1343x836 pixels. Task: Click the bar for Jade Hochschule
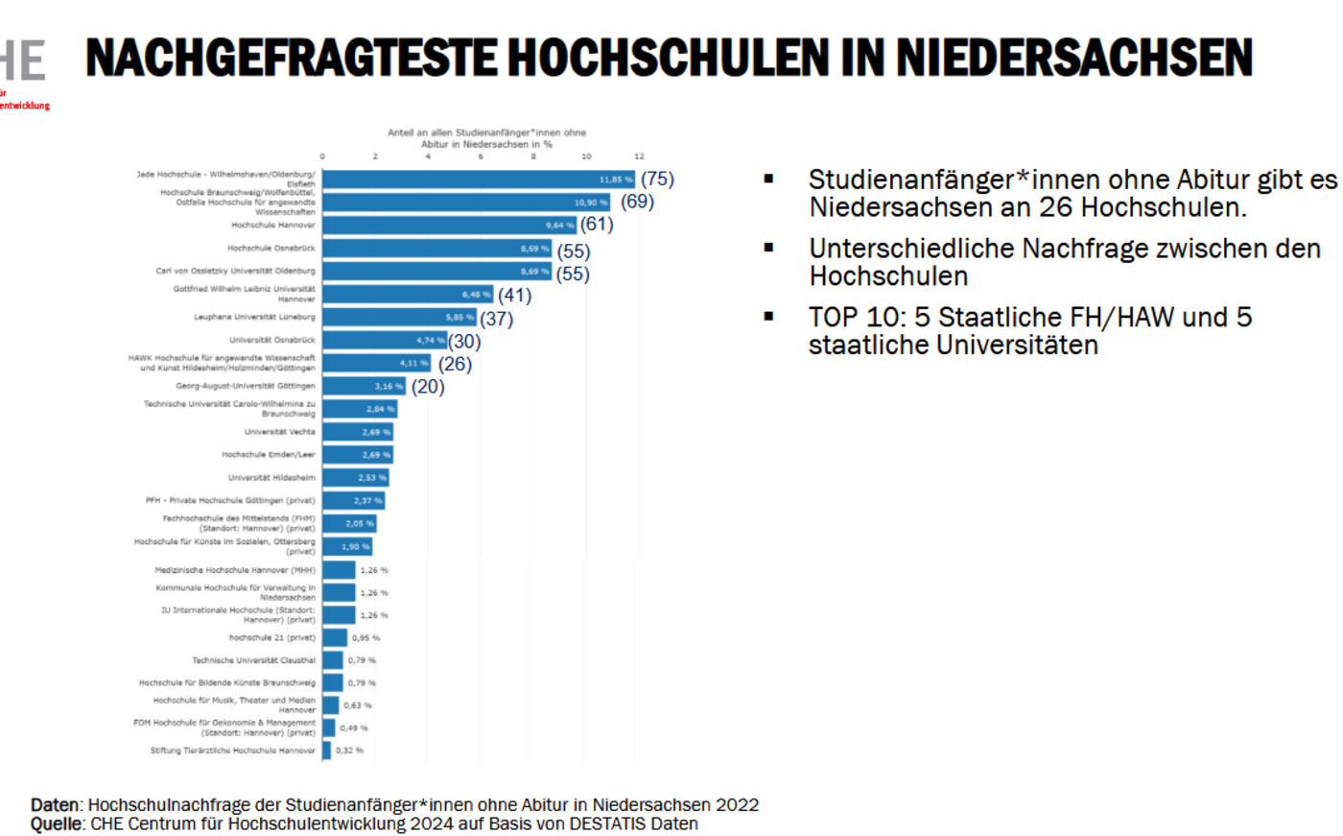click(478, 179)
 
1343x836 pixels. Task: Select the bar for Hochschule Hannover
click(449, 226)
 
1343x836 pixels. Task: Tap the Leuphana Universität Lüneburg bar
click(399, 317)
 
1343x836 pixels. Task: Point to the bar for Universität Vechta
click(358, 432)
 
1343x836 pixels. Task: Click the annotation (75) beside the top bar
click(657, 179)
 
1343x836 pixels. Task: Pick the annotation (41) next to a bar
click(514, 295)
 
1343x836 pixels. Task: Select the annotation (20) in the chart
click(428, 387)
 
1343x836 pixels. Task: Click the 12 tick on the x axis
click(639, 156)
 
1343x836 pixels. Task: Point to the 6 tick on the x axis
click(481, 156)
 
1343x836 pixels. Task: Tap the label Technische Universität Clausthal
click(253, 660)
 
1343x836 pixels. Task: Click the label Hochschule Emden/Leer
click(268, 455)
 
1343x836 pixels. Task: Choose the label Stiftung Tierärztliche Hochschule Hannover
click(232, 751)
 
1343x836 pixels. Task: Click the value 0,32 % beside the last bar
click(349, 751)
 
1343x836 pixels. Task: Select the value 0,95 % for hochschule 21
click(365, 638)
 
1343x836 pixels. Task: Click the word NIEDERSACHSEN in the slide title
click(1074, 58)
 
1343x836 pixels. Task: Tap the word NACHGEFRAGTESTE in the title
click(292, 58)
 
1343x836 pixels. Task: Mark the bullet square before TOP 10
click(768, 316)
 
